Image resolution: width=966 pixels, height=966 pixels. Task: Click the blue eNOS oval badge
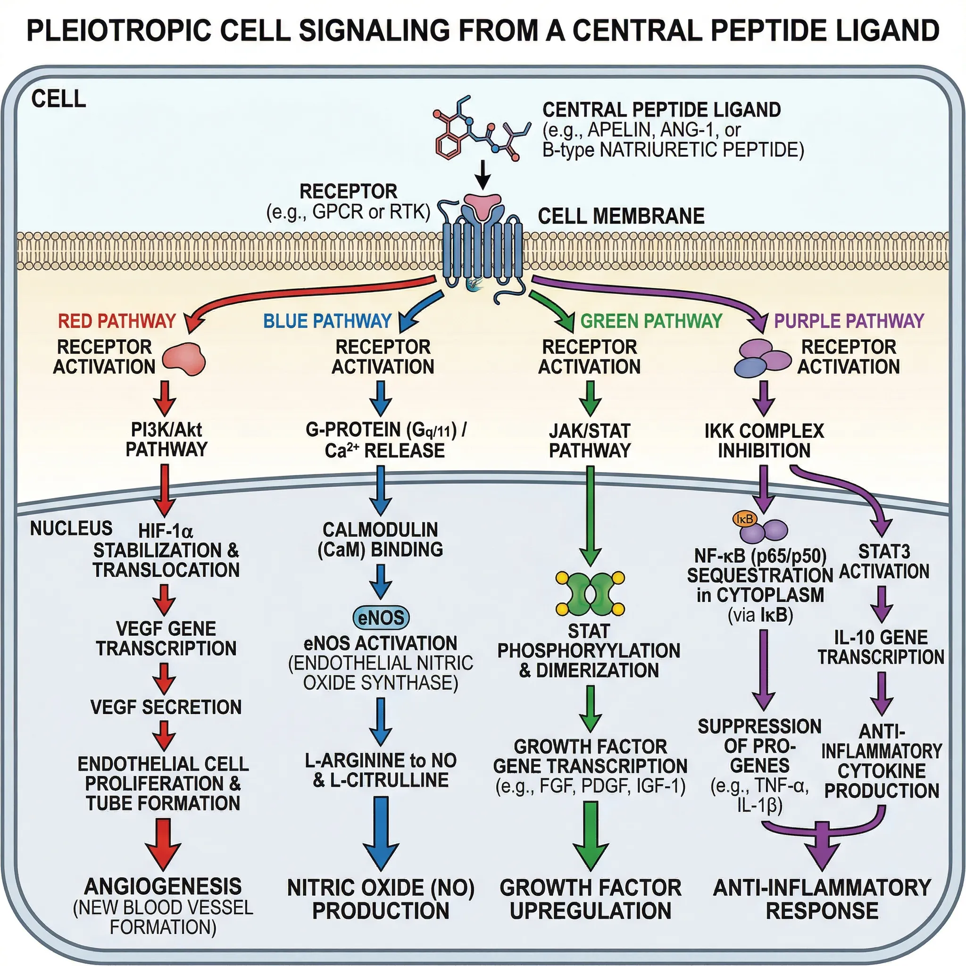pos(381,617)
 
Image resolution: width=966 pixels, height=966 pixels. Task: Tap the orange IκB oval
pos(745,519)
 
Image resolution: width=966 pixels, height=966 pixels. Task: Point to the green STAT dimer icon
pos(590,594)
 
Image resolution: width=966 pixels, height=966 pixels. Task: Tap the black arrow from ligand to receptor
pos(483,175)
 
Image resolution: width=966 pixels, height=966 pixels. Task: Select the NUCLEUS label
pos(71,528)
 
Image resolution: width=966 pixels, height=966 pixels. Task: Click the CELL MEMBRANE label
pos(621,217)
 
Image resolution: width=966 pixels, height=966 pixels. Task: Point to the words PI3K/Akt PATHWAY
pos(166,440)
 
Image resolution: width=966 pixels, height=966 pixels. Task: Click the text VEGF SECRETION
pos(166,707)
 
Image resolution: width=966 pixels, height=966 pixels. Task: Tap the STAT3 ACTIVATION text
pos(884,561)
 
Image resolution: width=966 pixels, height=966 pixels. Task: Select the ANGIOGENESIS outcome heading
pos(163,886)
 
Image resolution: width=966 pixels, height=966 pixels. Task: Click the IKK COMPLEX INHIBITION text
pos(764,441)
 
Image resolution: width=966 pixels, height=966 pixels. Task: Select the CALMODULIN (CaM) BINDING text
pos(380,540)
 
